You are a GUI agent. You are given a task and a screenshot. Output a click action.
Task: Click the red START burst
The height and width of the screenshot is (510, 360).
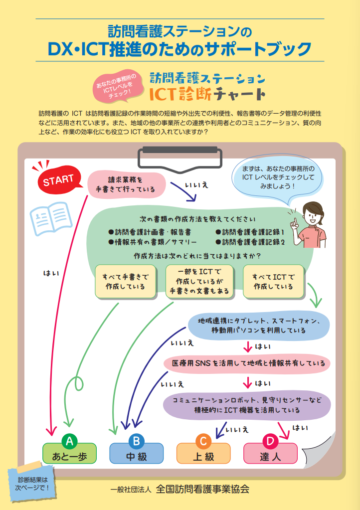(x=57, y=180)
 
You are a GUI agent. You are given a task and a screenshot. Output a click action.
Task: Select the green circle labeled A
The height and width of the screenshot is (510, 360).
(x=70, y=441)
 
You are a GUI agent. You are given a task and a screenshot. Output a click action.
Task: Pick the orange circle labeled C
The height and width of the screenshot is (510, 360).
(x=203, y=441)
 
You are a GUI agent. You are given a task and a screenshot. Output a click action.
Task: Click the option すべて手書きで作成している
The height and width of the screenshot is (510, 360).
(x=125, y=282)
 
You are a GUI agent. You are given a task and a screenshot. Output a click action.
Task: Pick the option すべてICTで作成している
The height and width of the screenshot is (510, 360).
(x=273, y=282)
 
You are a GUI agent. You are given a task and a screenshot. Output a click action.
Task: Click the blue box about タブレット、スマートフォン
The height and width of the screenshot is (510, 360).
(x=259, y=326)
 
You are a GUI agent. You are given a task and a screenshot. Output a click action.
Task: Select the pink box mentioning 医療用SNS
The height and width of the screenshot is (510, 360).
(x=248, y=363)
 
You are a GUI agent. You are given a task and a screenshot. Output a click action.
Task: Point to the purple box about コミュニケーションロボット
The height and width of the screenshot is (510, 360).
(x=247, y=405)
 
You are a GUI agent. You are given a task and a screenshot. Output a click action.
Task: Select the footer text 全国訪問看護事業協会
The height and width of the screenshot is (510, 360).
(x=202, y=489)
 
